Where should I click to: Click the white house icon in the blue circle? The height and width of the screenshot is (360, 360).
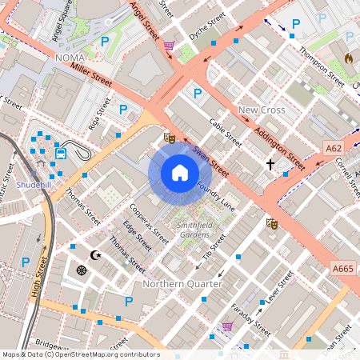click(x=180, y=173)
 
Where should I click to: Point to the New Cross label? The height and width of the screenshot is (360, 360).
click(x=260, y=109)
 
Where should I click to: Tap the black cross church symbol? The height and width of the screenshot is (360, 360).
click(x=270, y=164)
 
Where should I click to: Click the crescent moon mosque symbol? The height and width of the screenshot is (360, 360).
click(x=98, y=254)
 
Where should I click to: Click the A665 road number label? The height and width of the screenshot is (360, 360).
click(x=342, y=268)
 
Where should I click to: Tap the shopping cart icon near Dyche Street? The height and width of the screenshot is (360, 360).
click(x=169, y=46)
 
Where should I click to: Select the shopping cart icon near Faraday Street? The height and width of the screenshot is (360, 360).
click(x=227, y=326)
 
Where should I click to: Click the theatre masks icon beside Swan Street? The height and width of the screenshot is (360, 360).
click(x=169, y=138)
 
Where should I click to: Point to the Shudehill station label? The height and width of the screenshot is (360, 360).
click(x=33, y=184)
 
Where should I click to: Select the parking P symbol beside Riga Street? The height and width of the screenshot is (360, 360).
click(x=123, y=110)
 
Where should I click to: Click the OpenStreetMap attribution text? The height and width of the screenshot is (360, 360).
click(x=81, y=354)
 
